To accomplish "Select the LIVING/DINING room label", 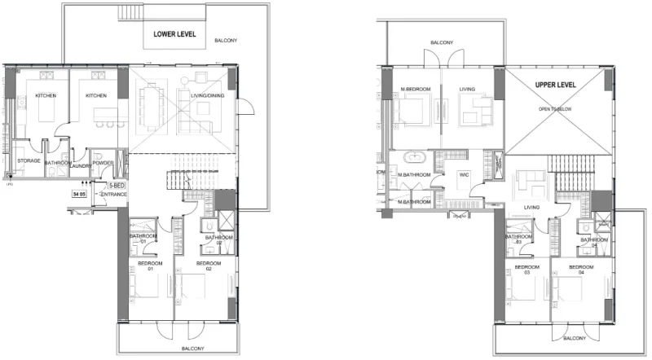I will tap(209, 95).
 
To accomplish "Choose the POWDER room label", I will tap(104, 161).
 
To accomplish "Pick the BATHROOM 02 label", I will tap(219, 241).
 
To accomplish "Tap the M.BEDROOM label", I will tap(416, 89).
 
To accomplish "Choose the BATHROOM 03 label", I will tap(518, 239).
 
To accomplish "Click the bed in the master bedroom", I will tap(415, 109).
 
